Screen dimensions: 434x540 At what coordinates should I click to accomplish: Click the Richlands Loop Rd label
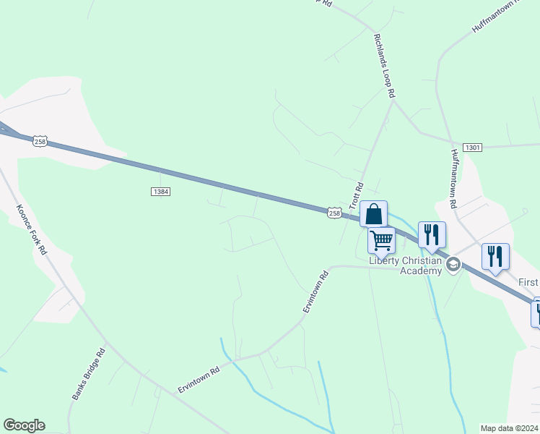pyautogui.click(x=385, y=65)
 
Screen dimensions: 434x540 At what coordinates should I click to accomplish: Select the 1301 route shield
pyautogui.click(x=473, y=147)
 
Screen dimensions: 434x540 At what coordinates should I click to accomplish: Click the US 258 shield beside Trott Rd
pyautogui.click(x=334, y=212)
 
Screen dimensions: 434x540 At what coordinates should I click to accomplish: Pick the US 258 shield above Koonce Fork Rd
pyautogui.click(x=40, y=142)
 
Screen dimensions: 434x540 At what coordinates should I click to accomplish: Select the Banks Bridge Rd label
pyautogui.click(x=89, y=373)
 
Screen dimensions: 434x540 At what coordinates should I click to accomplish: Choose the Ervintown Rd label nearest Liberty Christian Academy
pyautogui.click(x=315, y=292)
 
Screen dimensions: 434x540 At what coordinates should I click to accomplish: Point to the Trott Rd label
pyautogui.click(x=355, y=195)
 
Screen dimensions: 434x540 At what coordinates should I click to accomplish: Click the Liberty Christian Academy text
pyautogui.click(x=405, y=265)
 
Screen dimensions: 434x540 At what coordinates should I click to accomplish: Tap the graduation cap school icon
pyautogui.click(x=453, y=263)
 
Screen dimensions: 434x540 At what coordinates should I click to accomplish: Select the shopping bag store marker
pyautogui.click(x=373, y=214)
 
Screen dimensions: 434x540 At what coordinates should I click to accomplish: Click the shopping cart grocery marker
pyautogui.click(x=381, y=239)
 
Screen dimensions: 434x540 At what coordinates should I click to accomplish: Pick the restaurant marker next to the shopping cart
pyautogui.click(x=432, y=234)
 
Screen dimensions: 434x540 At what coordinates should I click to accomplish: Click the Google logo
pyautogui.click(x=24, y=425)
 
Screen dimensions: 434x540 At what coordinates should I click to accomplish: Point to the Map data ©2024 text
pyautogui.click(x=509, y=427)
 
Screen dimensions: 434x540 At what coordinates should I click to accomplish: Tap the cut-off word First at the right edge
pyautogui.click(x=528, y=281)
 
